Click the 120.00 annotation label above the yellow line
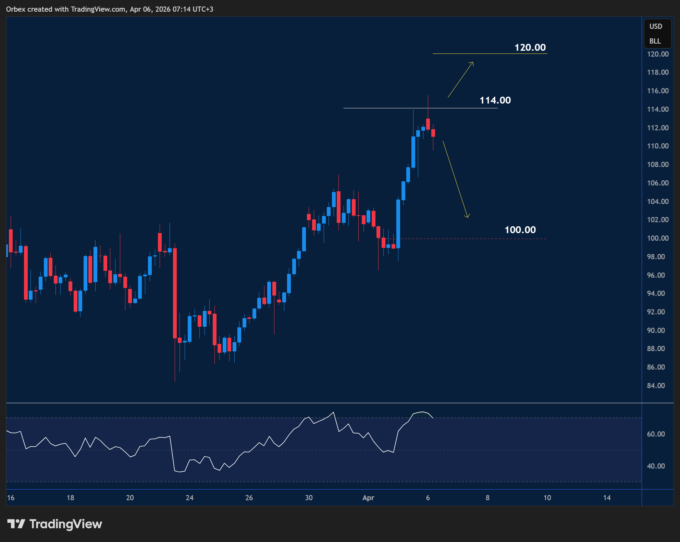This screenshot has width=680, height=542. pyautogui.click(x=530, y=47)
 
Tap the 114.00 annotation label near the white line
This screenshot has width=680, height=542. pyautogui.click(x=495, y=100)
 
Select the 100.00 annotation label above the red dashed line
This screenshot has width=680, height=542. pyautogui.click(x=520, y=230)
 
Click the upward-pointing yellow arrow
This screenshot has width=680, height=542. pyautogui.click(x=460, y=80)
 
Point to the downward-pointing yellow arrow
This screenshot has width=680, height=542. pyautogui.click(x=456, y=179)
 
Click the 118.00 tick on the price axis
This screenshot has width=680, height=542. pyautogui.click(x=657, y=72)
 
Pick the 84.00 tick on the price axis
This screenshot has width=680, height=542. pyautogui.click(x=656, y=386)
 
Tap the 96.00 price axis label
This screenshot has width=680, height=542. pyautogui.click(x=656, y=275)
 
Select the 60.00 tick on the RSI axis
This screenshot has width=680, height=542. pyautogui.click(x=656, y=434)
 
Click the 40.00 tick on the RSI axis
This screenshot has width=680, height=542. pyautogui.click(x=656, y=466)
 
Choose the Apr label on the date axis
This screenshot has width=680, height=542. pyautogui.click(x=368, y=498)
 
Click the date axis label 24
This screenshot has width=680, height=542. pyautogui.click(x=189, y=498)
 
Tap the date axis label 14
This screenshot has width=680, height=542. pyautogui.click(x=607, y=498)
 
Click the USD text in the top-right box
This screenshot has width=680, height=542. pyautogui.click(x=656, y=26)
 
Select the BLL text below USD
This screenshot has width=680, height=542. pyautogui.click(x=655, y=41)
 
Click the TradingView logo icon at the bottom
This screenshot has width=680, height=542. pyautogui.click(x=16, y=524)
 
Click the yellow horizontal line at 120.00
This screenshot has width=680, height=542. pyautogui.click(x=490, y=53)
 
